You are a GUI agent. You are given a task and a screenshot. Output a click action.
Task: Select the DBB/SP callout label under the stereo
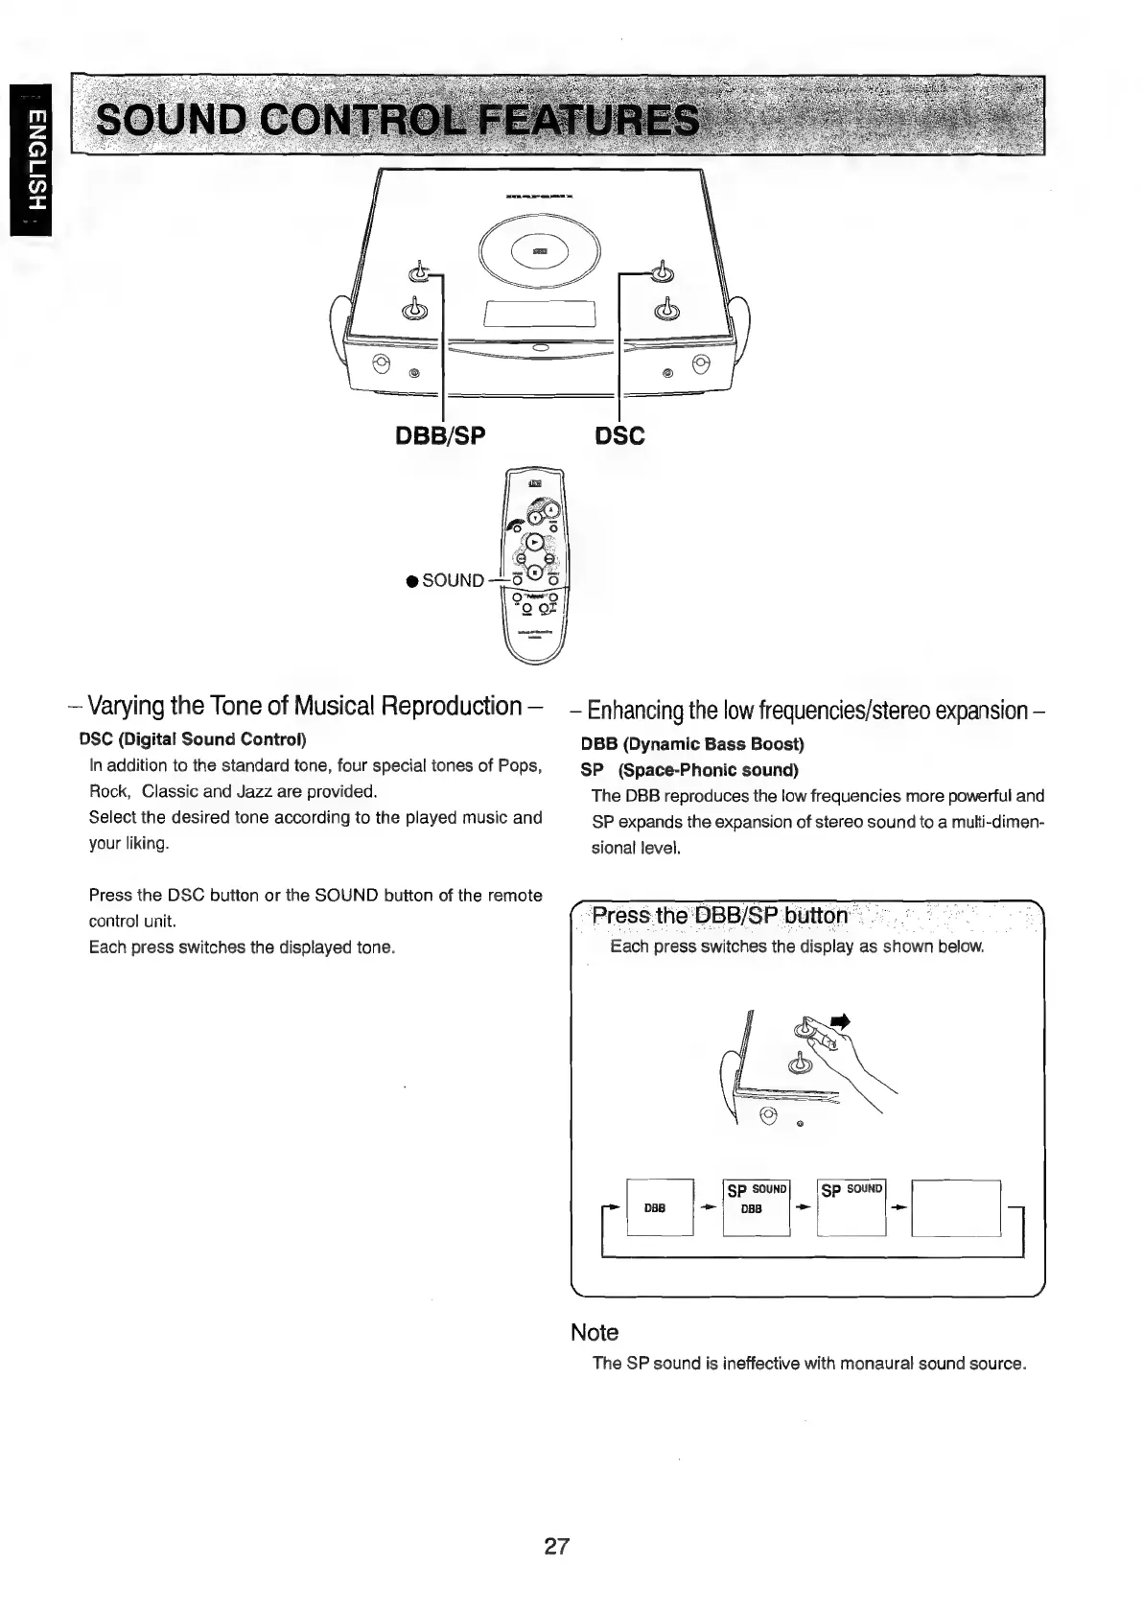tap(441, 436)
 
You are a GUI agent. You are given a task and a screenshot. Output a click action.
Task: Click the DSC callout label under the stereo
tap(620, 436)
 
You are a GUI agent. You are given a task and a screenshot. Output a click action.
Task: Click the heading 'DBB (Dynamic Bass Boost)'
tap(692, 744)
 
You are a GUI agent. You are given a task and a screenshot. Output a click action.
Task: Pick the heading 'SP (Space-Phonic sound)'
tap(689, 770)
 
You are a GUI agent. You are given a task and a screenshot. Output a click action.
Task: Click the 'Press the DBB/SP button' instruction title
tap(719, 916)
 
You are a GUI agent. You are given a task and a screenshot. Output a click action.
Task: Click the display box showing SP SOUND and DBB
tap(756, 1207)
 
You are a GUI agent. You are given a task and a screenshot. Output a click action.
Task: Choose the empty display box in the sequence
tap(956, 1207)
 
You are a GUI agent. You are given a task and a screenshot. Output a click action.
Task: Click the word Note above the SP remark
tap(595, 1332)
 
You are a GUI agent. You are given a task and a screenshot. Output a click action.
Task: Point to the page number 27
tap(557, 1546)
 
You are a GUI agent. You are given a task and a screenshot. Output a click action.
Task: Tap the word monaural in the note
tap(876, 1364)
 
